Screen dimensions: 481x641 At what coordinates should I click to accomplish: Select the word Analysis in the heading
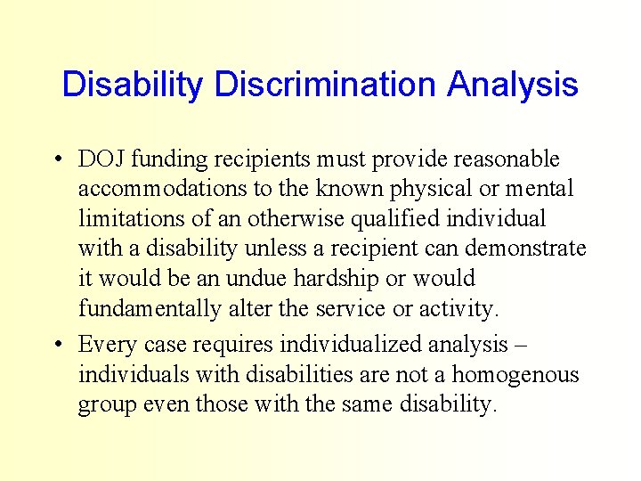(x=513, y=86)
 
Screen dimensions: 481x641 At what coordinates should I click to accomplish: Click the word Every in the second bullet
(x=103, y=344)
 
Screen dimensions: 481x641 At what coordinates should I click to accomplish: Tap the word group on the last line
(x=104, y=405)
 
